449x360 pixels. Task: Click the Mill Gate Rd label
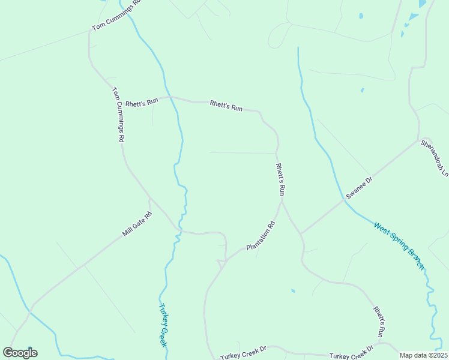[x=137, y=223]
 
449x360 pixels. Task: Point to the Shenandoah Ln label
[x=435, y=158]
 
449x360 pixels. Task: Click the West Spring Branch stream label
[x=399, y=246]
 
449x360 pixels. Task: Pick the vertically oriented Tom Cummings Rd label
[x=118, y=115]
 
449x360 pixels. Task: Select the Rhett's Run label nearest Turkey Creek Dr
[x=379, y=322]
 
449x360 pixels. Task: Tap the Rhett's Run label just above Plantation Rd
[x=280, y=179]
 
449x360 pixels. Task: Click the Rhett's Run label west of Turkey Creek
[x=142, y=102]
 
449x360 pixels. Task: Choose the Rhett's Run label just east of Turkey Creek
[x=226, y=106]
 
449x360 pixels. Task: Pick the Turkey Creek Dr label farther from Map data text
[x=243, y=355]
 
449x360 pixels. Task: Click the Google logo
[x=20, y=353]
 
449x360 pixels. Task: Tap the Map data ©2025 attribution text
[x=424, y=355]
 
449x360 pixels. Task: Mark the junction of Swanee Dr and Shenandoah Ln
[x=418, y=141]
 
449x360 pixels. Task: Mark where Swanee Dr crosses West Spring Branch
[x=345, y=200]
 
